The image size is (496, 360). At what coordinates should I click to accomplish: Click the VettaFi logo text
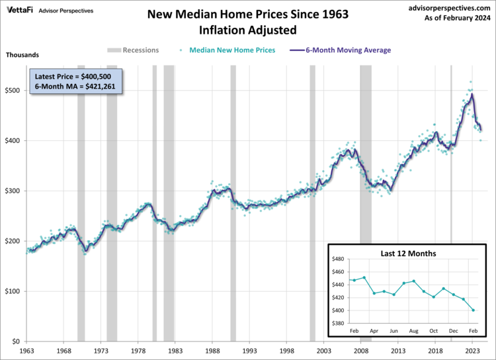19,11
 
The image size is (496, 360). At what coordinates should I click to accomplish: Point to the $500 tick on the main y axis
11,90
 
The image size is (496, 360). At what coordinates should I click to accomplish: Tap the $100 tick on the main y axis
11,291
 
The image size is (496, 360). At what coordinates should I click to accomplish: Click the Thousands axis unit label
22,54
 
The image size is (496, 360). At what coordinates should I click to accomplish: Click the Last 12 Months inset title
408,253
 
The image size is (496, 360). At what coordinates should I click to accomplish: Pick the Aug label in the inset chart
414,330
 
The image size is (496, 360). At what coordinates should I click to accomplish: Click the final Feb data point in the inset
474,310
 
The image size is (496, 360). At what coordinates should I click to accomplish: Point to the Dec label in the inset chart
454,330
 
